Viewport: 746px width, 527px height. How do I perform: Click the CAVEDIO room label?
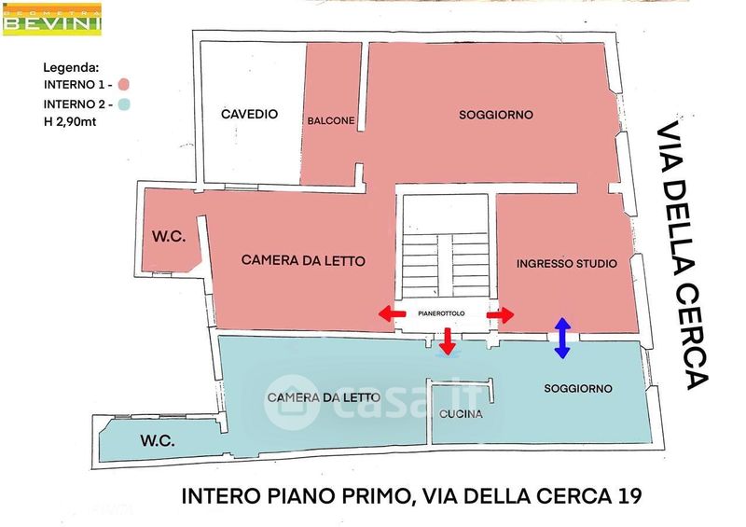pos(249,114)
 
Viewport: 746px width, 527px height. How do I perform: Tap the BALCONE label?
pos(330,120)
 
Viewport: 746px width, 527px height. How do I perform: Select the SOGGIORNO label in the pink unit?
pos(495,115)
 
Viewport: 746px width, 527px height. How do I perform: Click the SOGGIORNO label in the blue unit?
pos(577,387)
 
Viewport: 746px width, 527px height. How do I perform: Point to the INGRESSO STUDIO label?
pos(566,264)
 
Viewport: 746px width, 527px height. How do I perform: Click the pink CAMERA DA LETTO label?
pos(303,260)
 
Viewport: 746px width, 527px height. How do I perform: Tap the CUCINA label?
pos(461,414)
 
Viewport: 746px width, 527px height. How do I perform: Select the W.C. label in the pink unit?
pos(169,238)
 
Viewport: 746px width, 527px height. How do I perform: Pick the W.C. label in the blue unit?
pos(159,438)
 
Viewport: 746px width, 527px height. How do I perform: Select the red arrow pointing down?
pos(448,341)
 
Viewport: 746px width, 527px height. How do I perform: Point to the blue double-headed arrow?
pos(561,338)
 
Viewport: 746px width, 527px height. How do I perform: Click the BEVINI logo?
pos(52,18)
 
